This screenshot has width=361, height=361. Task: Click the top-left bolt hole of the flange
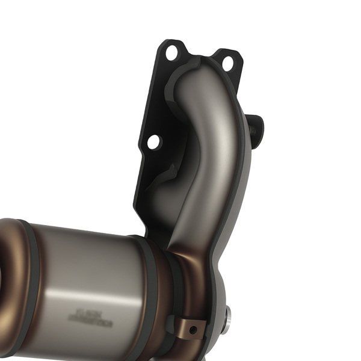click(x=171, y=52)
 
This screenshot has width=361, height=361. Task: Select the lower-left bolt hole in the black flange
click(x=154, y=142)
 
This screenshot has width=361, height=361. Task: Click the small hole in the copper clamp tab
click(x=192, y=330)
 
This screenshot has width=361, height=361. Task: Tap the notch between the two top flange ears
click(x=199, y=56)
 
